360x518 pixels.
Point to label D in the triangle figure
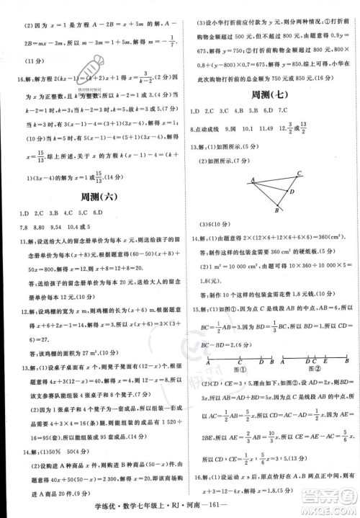tap(291, 192)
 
